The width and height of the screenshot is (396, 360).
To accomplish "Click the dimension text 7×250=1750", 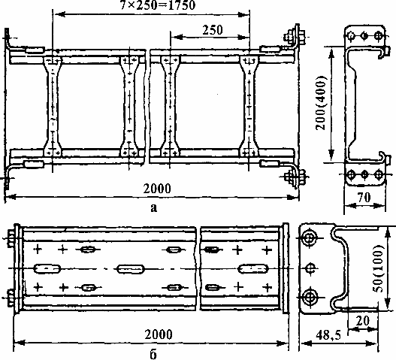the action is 158,5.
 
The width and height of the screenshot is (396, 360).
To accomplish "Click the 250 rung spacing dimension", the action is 213,30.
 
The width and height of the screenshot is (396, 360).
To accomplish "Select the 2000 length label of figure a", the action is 157,189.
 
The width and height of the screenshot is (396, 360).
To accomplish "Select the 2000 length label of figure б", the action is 159,334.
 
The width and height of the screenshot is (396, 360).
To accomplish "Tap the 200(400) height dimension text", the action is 322,102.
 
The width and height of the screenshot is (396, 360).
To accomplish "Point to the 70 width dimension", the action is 364,198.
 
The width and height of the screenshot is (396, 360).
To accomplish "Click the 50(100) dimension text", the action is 379,268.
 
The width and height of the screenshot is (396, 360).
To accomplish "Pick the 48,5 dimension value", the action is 328,335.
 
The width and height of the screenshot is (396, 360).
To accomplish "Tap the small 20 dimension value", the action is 363,321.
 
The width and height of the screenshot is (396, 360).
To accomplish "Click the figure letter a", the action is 153,208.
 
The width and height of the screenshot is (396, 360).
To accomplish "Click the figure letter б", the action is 153,355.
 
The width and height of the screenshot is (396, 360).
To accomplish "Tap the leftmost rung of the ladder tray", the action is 53,107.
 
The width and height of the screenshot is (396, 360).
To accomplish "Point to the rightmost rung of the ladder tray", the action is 249,107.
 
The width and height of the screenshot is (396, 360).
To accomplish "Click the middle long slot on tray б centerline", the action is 130,269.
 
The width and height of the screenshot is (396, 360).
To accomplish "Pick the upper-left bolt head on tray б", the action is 11,238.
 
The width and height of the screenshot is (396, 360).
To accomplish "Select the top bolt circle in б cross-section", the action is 310,238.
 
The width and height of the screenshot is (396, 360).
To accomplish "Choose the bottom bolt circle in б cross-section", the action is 310,297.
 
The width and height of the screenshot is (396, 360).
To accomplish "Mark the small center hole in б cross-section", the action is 310,268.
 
